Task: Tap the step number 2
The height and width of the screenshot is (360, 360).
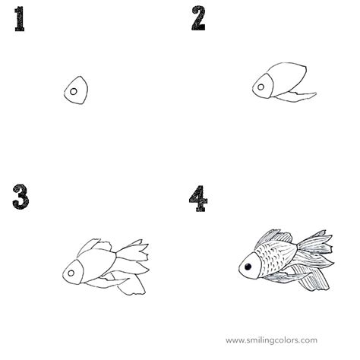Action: click(198, 18)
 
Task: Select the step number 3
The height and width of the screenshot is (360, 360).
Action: click(21, 196)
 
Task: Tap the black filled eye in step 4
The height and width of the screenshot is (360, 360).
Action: click(247, 266)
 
